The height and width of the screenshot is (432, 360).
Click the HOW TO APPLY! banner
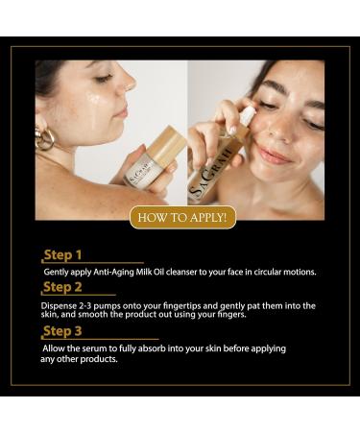pyautogui.click(x=181, y=217)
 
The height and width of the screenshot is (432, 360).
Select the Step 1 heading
pyautogui.click(x=63, y=255)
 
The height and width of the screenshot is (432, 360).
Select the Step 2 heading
pyautogui.click(x=64, y=286)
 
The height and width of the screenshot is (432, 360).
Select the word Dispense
pyautogui.click(x=59, y=304)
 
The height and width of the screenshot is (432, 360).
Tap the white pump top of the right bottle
pyautogui.click(x=249, y=115)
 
